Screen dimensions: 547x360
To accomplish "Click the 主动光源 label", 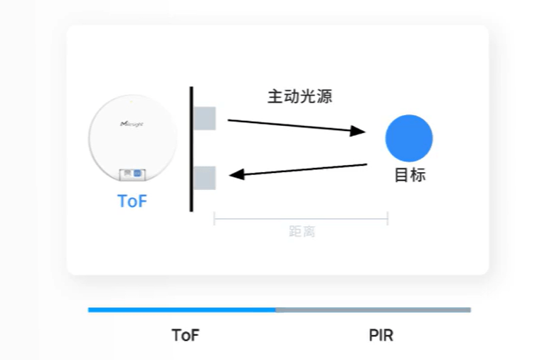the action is pyautogui.click(x=299, y=97).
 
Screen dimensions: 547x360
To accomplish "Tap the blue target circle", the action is pyautogui.click(x=409, y=138).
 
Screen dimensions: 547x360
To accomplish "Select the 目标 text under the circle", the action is pyautogui.click(x=410, y=175).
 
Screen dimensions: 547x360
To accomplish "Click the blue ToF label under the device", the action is pyautogui.click(x=132, y=201).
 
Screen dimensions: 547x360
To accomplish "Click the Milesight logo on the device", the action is pyautogui.click(x=133, y=123).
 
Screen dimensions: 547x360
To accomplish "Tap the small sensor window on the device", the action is pyautogui.click(x=132, y=174).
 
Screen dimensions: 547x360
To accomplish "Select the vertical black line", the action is pyautogui.click(x=191, y=149).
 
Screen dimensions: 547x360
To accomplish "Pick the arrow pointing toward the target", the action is pyautogui.click(x=295, y=126).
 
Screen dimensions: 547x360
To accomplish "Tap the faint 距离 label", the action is pyautogui.click(x=302, y=231).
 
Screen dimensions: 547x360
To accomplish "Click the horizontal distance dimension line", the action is pyautogui.click(x=301, y=218).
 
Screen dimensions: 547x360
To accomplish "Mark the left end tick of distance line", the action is pyautogui.click(x=214, y=218).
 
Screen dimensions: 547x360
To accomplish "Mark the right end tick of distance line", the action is pyautogui.click(x=388, y=218).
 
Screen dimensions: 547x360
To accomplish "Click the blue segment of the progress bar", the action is pyautogui.click(x=181, y=309).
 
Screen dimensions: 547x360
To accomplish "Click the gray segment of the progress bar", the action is pyautogui.click(x=373, y=309).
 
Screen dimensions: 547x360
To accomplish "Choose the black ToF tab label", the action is pyautogui.click(x=186, y=335).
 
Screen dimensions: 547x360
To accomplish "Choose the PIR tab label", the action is pyautogui.click(x=381, y=335).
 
